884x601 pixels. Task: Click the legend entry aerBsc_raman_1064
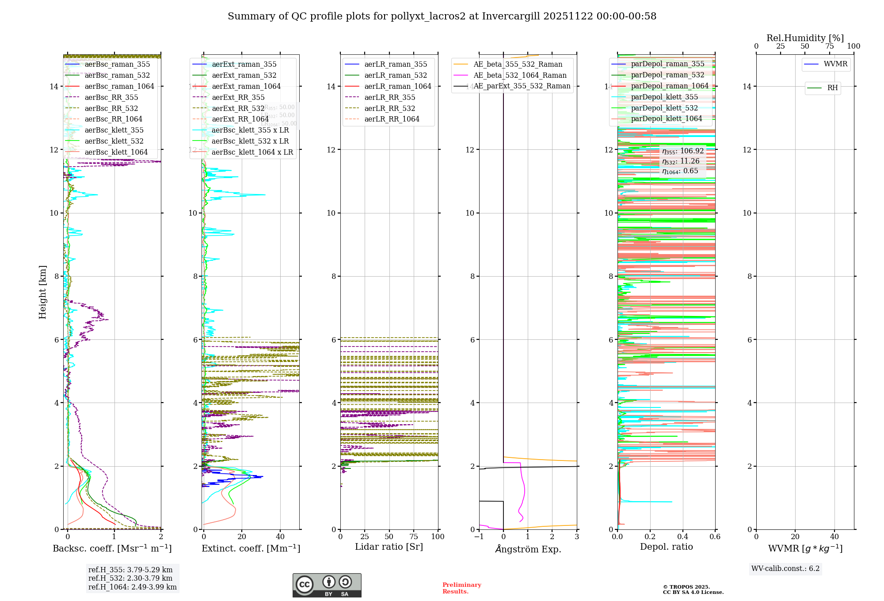coord(119,87)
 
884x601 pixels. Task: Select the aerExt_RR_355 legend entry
coord(238,98)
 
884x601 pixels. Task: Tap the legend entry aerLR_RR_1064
coord(392,119)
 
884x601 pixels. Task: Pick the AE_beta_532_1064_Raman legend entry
coord(520,76)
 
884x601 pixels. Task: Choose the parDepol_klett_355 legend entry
coord(664,97)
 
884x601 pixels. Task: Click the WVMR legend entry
coord(835,65)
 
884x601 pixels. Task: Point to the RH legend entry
coord(832,88)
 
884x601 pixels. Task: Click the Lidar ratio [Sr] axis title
coord(389,547)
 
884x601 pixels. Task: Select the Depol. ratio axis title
coord(666,547)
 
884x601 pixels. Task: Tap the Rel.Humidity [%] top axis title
coord(805,38)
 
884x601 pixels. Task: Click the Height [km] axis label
coord(42,292)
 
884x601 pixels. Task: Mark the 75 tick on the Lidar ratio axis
coord(414,537)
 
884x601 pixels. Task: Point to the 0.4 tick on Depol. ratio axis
coord(682,537)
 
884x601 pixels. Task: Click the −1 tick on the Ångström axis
coord(479,537)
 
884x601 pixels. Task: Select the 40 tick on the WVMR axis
coord(834,537)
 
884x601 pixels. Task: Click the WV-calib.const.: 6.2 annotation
coord(785,569)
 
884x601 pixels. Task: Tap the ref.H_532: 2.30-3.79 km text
coord(130,578)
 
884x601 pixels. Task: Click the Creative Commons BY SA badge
coord(327,586)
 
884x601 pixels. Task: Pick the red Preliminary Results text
coord(461,588)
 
